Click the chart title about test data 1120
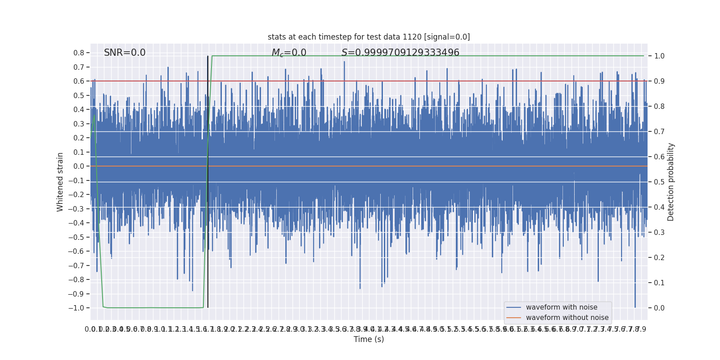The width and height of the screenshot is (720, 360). pyautogui.click(x=369, y=37)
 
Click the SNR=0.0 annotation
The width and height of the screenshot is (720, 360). pyautogui.click(x=125, y=53)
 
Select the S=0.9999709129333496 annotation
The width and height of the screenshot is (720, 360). pyautogui.click(x=400, y=53)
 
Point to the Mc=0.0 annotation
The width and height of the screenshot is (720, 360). pyautogui.click(x=289, y=53)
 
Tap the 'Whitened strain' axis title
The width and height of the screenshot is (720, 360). pyautogui.click(x=60, y=182)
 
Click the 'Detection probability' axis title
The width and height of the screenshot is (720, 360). pyautogui.click(x=671, y=182)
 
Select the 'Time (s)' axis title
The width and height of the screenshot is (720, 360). pyautogui.click(x=369, y=339)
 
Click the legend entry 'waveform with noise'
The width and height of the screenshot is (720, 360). pyautogui.click(x=562, y=307)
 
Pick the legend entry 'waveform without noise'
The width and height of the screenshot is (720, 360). pyautogui.click(x=567, y=318)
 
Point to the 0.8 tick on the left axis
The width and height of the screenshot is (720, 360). pyautogui.click(x=79, y=53)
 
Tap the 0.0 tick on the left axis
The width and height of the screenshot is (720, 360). pyautogui.click(x=79, y=166)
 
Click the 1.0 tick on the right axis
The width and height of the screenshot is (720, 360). pyautogui.click(x=659, y=56)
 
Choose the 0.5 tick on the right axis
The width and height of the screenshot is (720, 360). pyautogui.click(x=659, y=182)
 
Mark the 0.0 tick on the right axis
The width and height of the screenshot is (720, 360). pyautogui.click(x=659, y=308)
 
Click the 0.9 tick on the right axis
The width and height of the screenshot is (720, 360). pyautogui.click(x=659, y=81)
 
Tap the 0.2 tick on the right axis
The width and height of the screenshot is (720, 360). pyautogui.click(x=659, y=258)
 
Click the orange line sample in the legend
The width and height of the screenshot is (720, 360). pyautogui.click(x=513, y=318)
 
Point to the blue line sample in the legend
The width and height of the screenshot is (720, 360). pyautogui.click(x=513, y=307)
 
